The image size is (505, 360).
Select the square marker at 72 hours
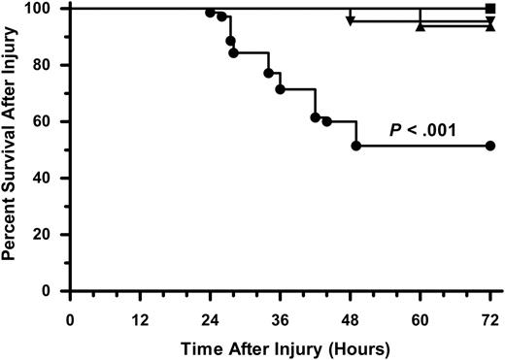tap(489, 9)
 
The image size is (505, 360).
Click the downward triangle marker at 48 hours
tap(350, 19)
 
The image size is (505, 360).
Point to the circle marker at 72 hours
tap(489, 146)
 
